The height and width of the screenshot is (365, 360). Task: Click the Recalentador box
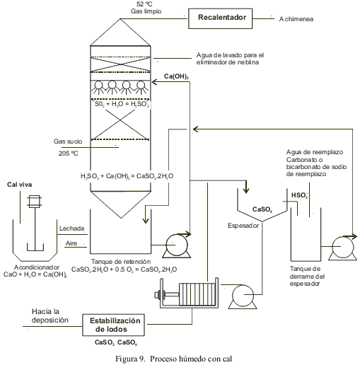[x=220, y=18]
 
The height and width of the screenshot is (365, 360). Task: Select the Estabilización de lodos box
[x=113, y=325]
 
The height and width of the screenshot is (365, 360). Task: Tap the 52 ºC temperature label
[x=144, y=4]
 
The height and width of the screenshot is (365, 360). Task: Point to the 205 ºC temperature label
[x=68, y=153]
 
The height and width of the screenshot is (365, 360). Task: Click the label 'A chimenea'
[x=296, y=19]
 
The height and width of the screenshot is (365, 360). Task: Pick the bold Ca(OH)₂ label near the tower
[x=176, y=76]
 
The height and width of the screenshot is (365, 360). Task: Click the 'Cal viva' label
[x=19, y=185]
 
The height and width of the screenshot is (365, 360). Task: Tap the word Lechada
[x=71, y=228]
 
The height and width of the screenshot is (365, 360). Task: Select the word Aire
[x=71, y=243]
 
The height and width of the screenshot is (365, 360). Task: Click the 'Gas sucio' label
[x=68, y=141]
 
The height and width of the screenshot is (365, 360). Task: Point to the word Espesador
[x=243, y=226]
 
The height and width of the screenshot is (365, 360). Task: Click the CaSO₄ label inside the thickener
[x=262, y=209]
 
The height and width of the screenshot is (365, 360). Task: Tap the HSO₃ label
[x=300, y=195]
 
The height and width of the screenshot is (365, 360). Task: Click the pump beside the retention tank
[x=177, y=245]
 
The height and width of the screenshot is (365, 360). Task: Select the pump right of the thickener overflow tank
[x=342, y=248]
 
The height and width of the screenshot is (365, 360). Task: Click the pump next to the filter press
[x=243, y=296]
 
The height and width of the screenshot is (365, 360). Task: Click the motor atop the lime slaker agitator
[x=35, y=202]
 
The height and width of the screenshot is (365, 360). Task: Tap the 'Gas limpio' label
[x=146, y=11]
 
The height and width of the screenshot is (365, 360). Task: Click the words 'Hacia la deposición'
[x=50, y=315]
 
